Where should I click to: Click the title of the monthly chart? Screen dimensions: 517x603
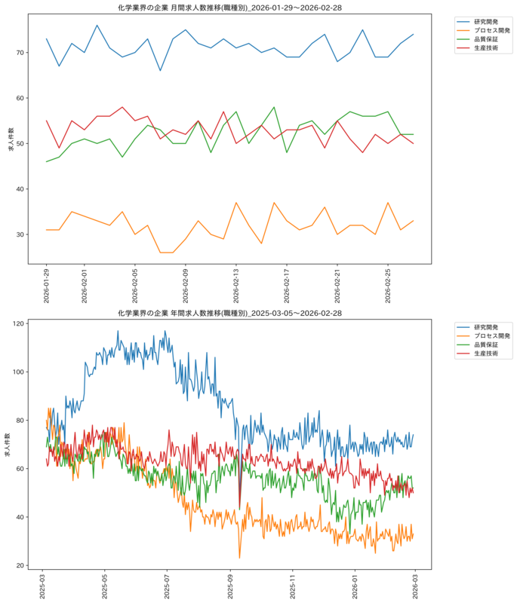230,8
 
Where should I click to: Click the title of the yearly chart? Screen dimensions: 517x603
230,313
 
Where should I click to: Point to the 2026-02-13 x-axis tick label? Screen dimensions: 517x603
236,286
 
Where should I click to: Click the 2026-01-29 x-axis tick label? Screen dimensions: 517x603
46,286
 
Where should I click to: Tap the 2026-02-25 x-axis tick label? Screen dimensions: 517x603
388,286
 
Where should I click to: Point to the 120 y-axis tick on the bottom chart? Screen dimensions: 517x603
18,324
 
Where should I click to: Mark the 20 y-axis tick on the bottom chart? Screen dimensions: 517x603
20,565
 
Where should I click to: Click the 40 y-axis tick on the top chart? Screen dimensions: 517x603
20,189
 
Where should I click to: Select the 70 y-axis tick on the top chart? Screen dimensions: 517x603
20,52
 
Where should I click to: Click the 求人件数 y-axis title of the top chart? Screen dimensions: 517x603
11,139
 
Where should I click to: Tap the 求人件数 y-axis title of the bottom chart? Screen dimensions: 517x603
8,445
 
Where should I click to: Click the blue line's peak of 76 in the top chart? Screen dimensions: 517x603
97,25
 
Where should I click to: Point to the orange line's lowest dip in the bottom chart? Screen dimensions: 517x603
239,558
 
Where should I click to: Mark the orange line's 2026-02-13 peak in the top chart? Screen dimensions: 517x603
236,203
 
